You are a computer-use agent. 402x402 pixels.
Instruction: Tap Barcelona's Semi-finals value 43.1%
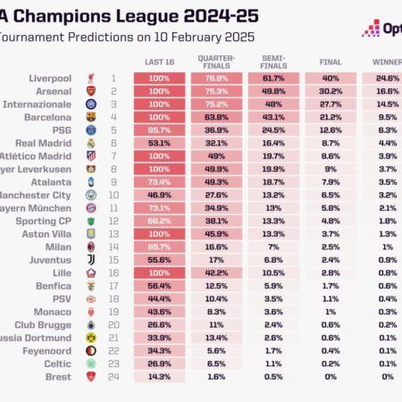pyautogui.click(x=273, y=116)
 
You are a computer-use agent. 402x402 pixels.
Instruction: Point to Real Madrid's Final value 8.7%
pyautogui.click(x=331, y=142)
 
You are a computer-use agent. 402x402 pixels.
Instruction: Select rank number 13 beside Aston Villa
pyautogui.click(x=113, y=234)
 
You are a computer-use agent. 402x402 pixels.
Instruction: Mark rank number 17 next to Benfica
pyautogui.click(x=113, y=286)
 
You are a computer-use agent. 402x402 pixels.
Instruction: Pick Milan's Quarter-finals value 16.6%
pyautogui.click(x=214, y=247)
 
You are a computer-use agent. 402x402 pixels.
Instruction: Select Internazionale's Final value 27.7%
pyautogui.click(x=331, y=104)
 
